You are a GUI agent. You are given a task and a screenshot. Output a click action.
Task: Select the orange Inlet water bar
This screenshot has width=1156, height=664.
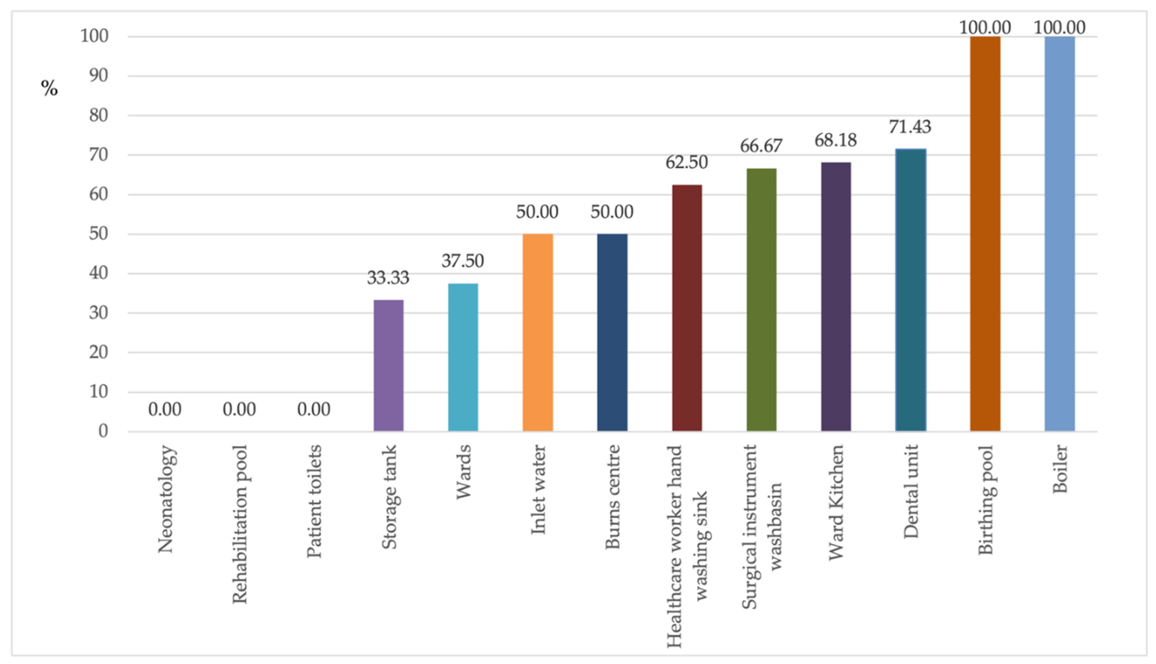537,333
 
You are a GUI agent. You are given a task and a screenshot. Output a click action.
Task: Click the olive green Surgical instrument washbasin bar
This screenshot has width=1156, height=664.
761,300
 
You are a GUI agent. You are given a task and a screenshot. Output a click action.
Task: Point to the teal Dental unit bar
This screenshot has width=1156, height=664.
911,290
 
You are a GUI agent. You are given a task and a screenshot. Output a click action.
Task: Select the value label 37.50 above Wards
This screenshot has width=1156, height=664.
462,261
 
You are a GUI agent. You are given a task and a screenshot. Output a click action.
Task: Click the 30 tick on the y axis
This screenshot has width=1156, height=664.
98,313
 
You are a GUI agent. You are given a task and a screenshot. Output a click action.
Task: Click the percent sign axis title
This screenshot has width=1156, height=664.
49,88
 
